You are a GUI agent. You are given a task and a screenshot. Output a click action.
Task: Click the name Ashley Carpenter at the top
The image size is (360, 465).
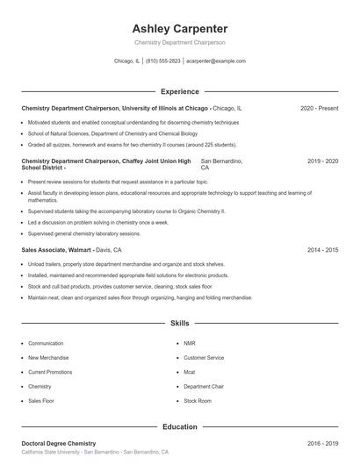coord(179,28)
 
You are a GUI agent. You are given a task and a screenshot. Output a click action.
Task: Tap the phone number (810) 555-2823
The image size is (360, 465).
coord(163,61)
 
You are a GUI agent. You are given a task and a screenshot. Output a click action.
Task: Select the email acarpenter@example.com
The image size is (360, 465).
coord(216,61)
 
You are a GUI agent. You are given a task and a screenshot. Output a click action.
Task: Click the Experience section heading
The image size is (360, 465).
coord(180,91)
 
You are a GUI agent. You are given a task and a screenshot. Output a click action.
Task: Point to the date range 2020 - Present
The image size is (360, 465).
coord(319,108)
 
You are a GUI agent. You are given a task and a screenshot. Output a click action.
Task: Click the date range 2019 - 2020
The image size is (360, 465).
coord(322,161)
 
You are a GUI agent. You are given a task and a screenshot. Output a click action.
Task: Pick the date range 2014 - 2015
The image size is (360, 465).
coord(322,250)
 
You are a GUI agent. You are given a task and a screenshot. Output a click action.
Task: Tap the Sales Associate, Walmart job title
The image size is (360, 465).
coord(57,250)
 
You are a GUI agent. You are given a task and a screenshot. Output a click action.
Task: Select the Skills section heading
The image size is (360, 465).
coord(180,324)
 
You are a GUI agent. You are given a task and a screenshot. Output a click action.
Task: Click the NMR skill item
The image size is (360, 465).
coord(190,343)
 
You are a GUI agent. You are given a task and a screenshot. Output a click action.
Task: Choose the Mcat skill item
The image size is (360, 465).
coord(191,372)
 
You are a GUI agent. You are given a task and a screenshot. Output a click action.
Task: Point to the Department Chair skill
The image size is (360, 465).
coord(204,386)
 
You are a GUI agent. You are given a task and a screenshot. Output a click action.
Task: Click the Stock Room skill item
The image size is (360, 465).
coord(198,400)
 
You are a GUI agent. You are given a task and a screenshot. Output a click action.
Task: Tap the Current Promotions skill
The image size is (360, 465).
coord(50,372)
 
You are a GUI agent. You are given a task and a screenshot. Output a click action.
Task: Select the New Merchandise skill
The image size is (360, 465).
coord(48,358)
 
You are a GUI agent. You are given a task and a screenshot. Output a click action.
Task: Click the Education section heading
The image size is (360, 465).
coord(180,426)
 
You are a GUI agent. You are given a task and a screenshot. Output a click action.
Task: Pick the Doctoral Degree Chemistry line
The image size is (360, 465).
coord(58,443)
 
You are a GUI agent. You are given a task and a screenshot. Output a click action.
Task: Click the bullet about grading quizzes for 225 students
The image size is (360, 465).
coord(132,144)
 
